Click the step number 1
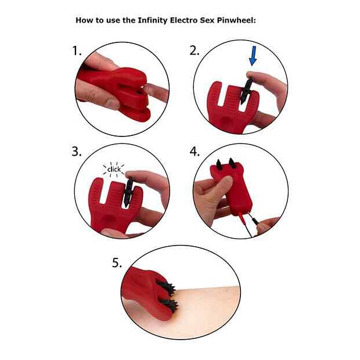click(x=77, y=51)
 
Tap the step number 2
click(x=195, y=51)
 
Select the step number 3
click(x=76, y=152)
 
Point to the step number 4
click(x=195, y=152)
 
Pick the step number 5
click(x=117, y=263)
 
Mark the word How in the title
click(x=84, y=20)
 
